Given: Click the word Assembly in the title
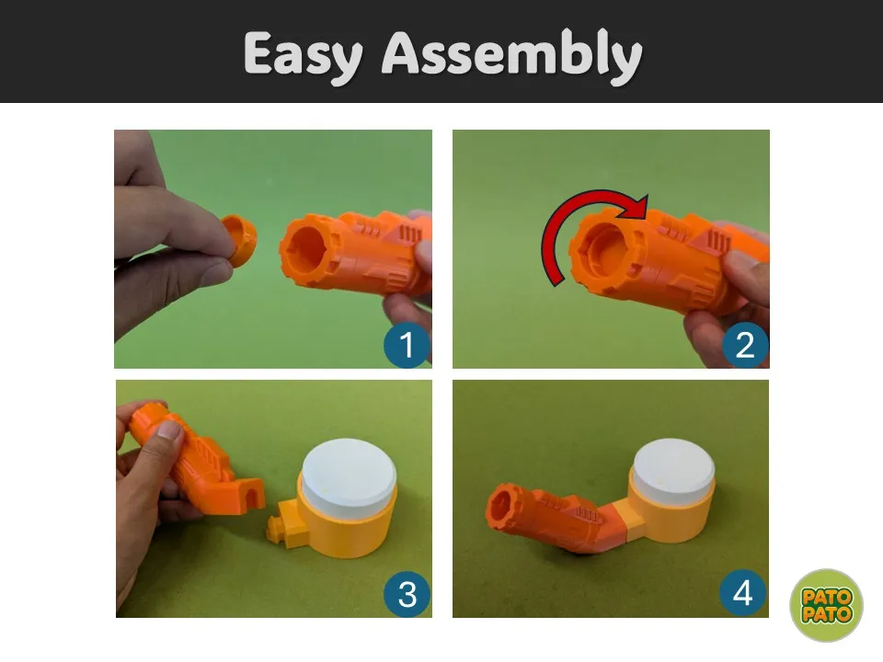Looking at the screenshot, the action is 512,55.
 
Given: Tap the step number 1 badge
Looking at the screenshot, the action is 407,345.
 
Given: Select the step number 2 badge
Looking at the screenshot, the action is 744,345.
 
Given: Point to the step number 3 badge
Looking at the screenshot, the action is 407,594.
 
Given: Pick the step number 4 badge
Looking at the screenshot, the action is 743,593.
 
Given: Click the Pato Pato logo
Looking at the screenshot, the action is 826,605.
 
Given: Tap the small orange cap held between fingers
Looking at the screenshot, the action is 240,239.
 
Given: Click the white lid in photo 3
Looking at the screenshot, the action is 350,473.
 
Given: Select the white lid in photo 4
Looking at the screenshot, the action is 674,466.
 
